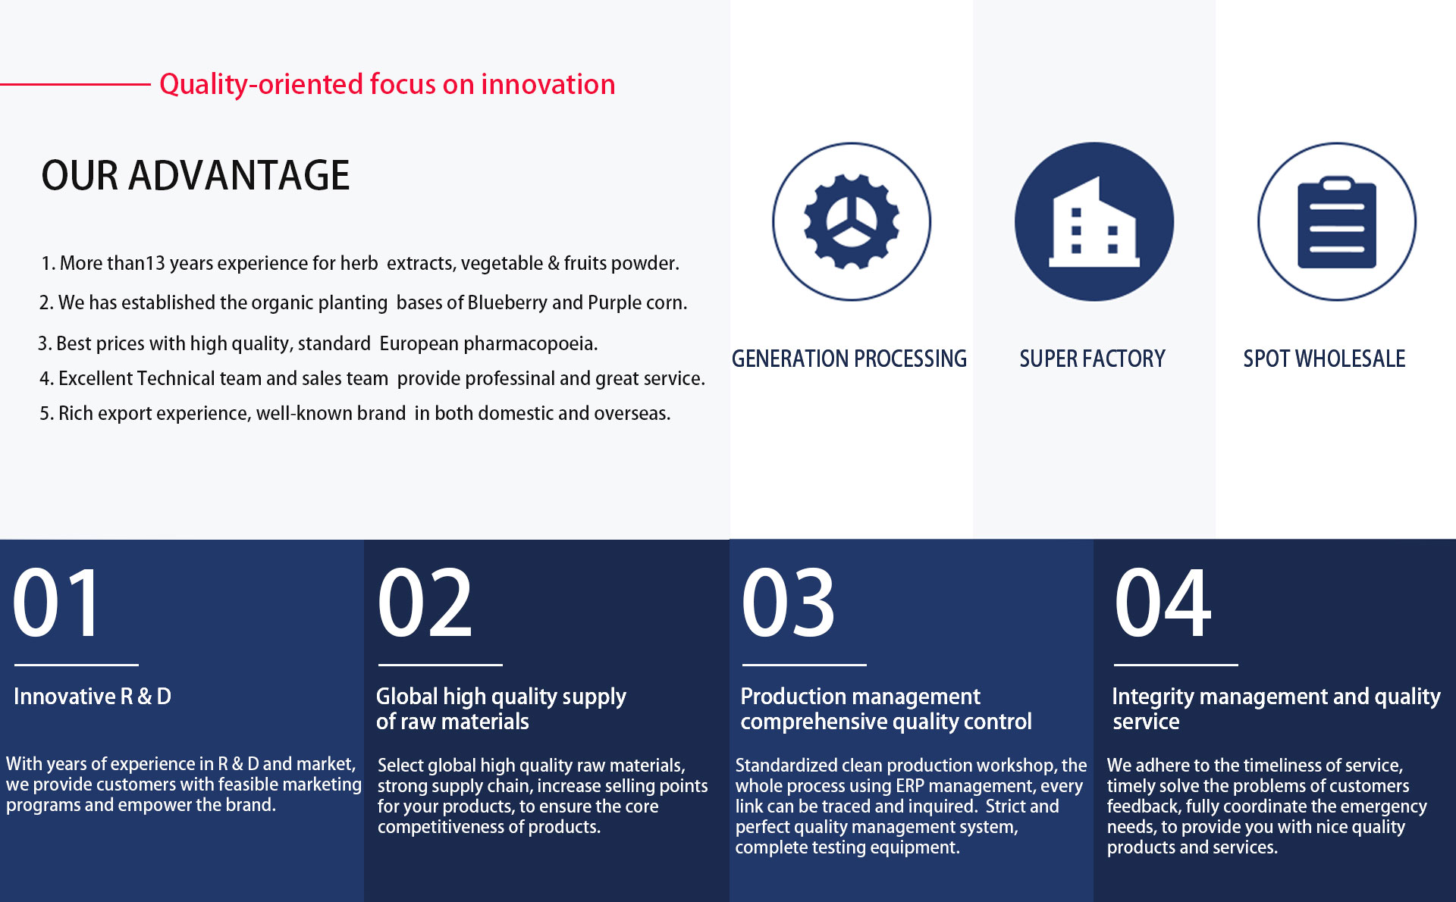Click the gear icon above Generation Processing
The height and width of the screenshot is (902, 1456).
pos(852,221)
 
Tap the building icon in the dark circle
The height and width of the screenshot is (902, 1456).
pos(1094,221)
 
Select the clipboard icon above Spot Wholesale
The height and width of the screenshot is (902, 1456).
pos(1337,222)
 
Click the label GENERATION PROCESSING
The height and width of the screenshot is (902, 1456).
pos(849,359)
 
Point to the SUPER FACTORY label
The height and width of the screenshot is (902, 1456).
pos(1092,359)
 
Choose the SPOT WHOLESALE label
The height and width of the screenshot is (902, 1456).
pos(1324,359)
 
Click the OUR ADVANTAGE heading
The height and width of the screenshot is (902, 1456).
pos(196,175)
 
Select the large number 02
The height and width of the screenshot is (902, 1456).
pos(425,603)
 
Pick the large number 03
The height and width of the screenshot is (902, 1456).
pos(789,603)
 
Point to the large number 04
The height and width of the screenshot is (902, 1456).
pos(1163,603)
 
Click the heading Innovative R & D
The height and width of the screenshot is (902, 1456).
pos(93,697)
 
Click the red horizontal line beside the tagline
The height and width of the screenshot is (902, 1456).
pos(75,84)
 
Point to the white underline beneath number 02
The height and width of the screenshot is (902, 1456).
pos(441,665)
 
